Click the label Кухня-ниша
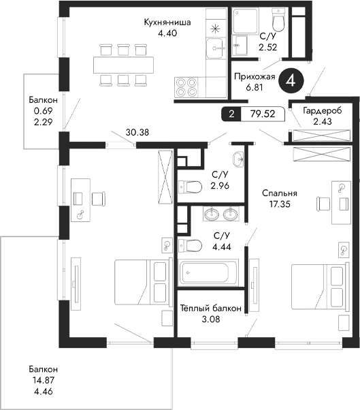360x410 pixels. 167,22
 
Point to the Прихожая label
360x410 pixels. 254,77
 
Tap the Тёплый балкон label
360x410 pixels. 210,308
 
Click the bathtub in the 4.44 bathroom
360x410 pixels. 207,273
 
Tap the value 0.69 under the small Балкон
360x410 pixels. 34,110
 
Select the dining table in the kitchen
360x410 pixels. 123,64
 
